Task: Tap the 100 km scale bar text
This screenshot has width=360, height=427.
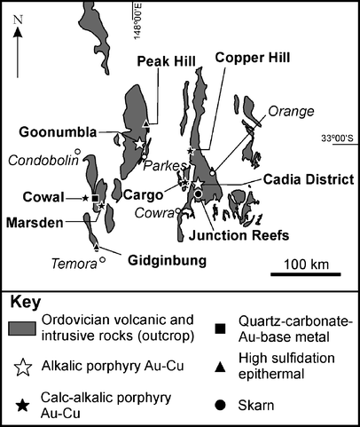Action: click(303, 265)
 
